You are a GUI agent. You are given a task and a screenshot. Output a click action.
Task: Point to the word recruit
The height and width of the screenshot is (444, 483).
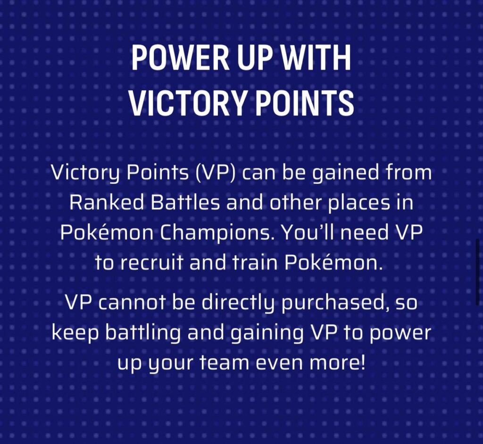tap(156, 263)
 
